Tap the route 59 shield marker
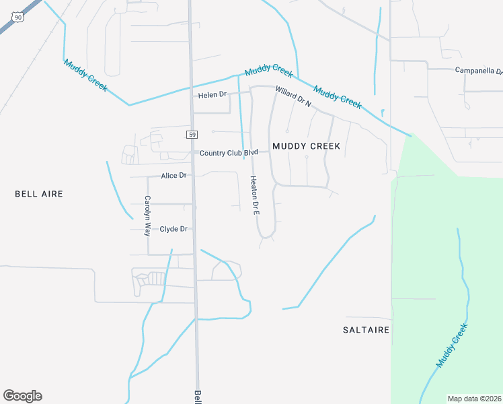pos(192,135)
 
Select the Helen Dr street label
pos(212,95)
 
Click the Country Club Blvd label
pos(229,153)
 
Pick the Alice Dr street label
pos(173,176)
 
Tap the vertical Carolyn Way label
pos(147,215)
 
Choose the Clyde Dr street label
pos(173,229)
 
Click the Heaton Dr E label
pos(255,195)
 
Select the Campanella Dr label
pos(478,70)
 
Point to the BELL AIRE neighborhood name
pos(39,194)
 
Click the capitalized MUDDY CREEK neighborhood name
pos(306,146)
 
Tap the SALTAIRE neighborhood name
pos(366,330)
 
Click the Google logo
pos(22,396)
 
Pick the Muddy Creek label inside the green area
pos(451,345)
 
